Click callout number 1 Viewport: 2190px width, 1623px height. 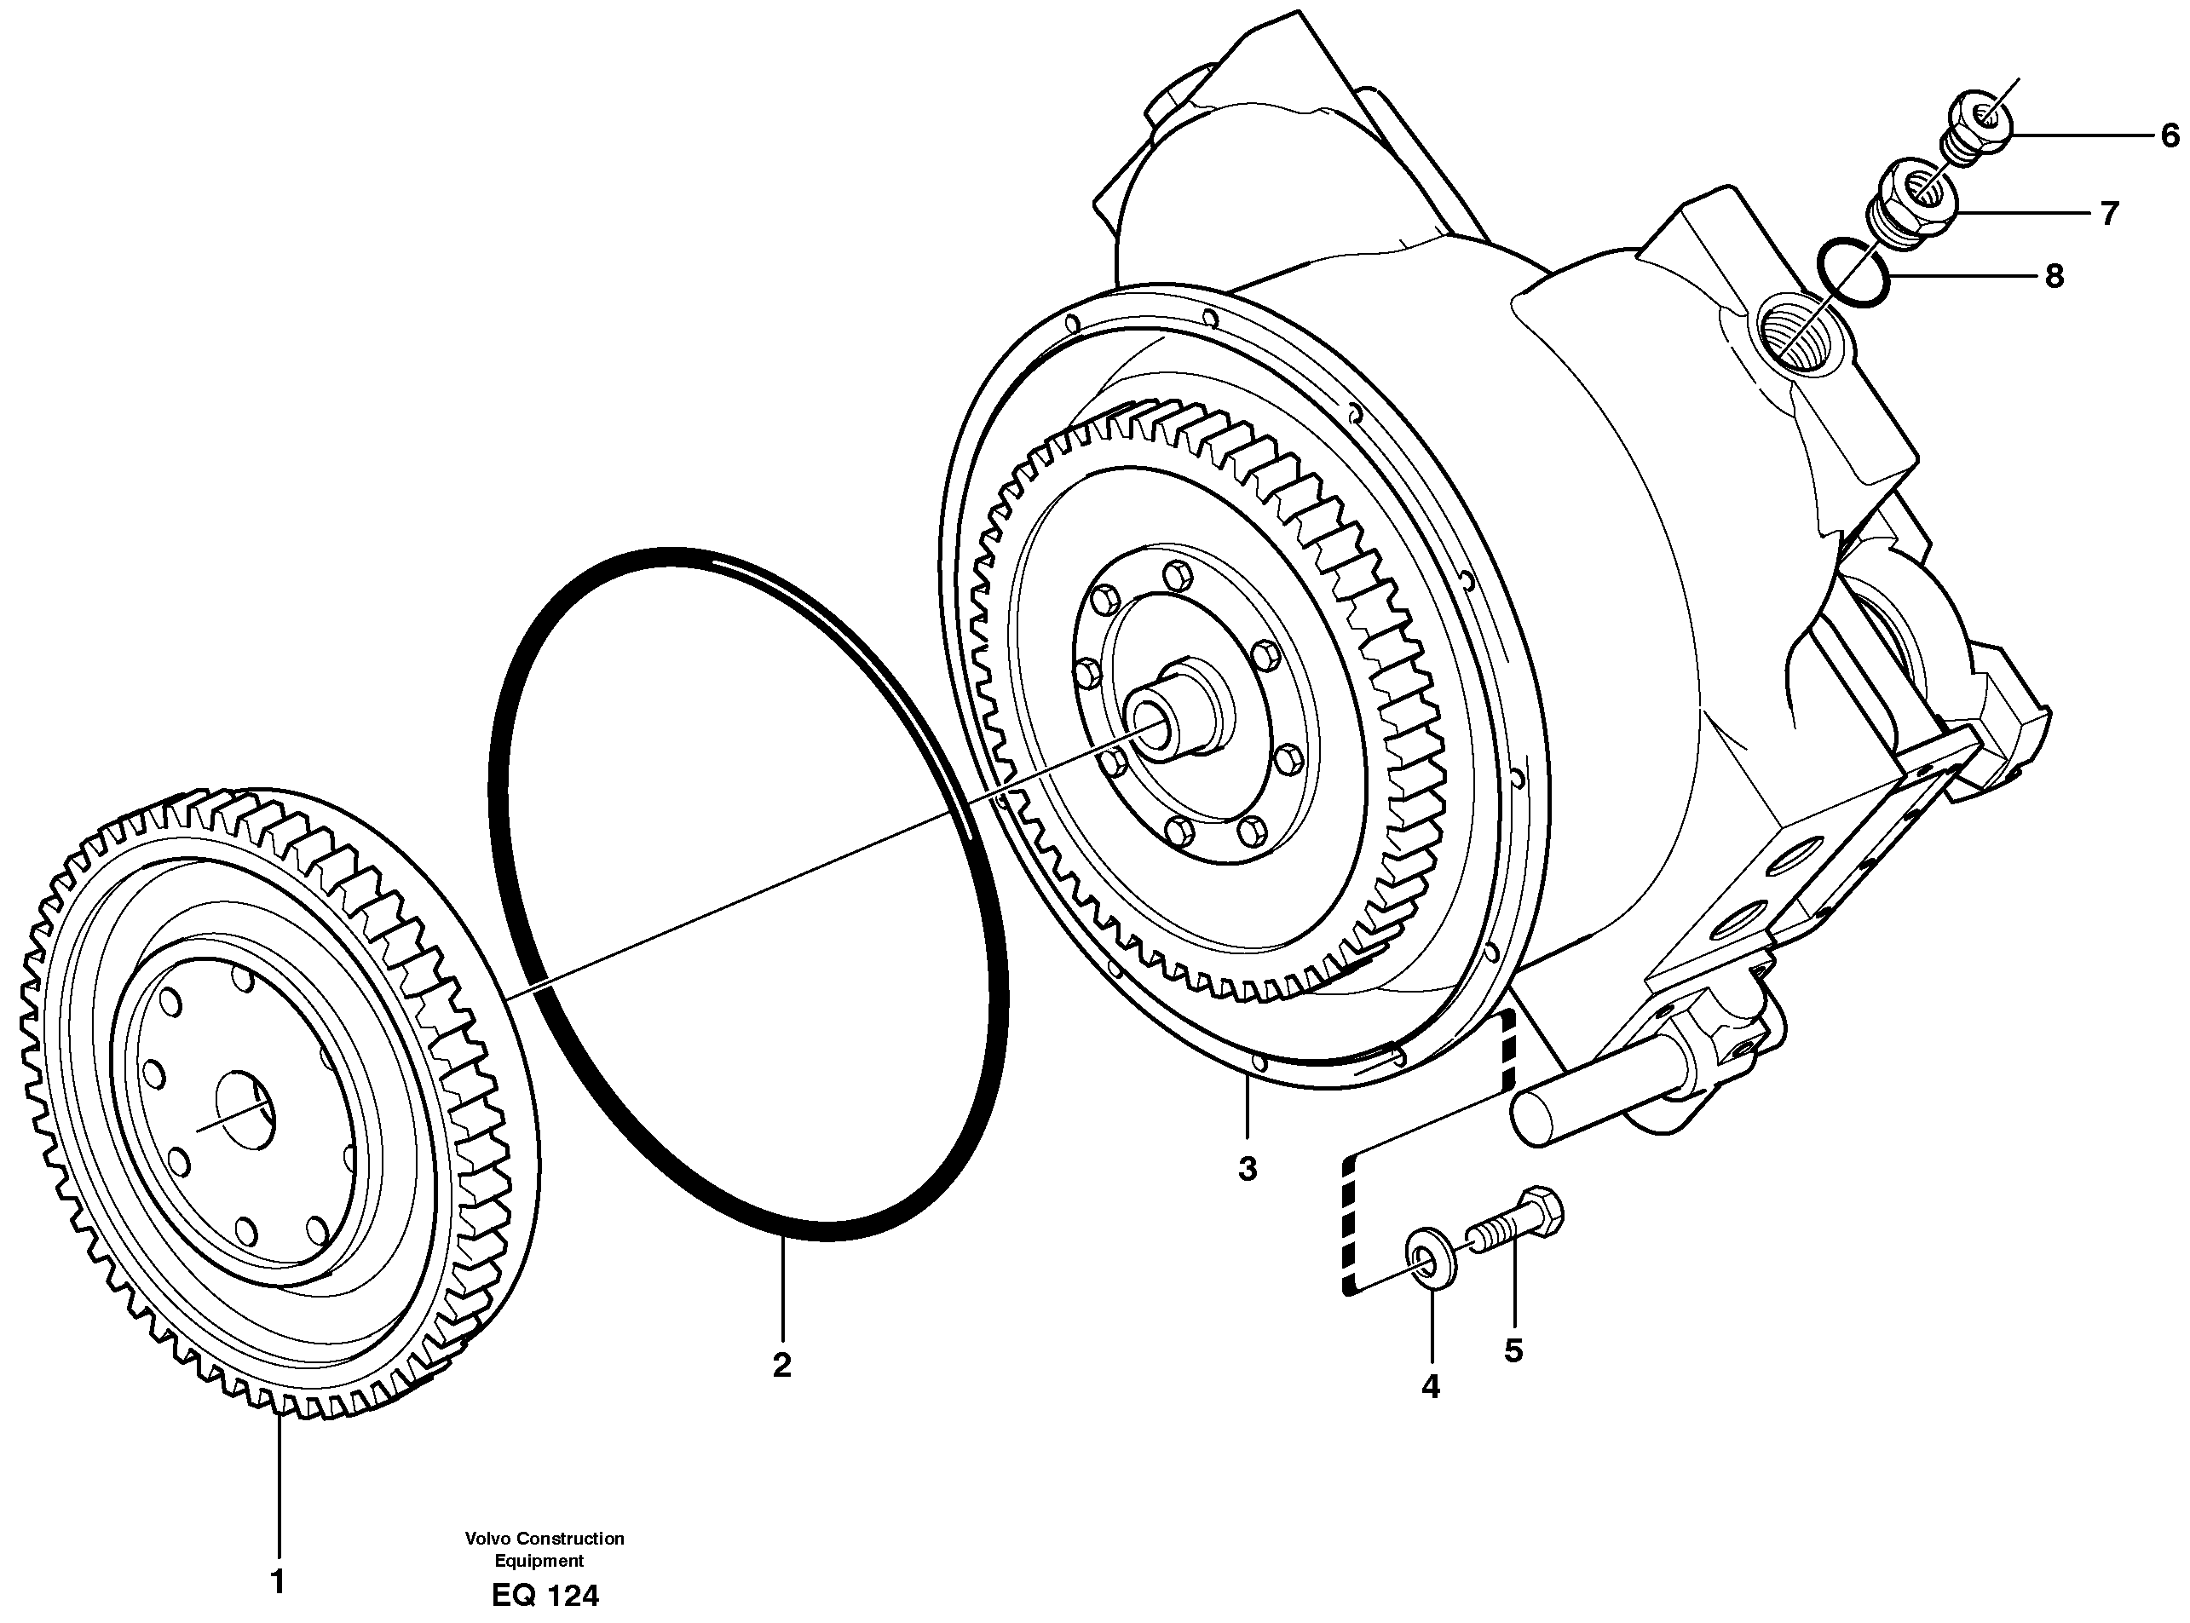pyautogui.click(x=278, y=1582)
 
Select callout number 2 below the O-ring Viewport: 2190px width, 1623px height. pyautogui.click(x=781, y=1365)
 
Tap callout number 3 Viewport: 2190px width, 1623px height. pyautogui.click(x=1247, y=1169)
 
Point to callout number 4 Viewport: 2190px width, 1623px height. pyautogui.click(x=1431, y=1386)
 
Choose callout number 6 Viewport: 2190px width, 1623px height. pyautogui.click(x=2170, y=135)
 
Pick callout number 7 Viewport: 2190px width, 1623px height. pyautogui.click(x=2109, y=212)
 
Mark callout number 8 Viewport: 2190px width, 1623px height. pyautogui.click(x=2054, y=277)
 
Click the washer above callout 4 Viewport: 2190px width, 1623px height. pyautogui.click(x=1431, y=1265)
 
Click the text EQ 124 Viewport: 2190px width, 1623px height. pyautogui.click(x=545, y=1596)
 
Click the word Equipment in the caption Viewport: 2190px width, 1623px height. pyautogui.click(x=539, y=1561)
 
